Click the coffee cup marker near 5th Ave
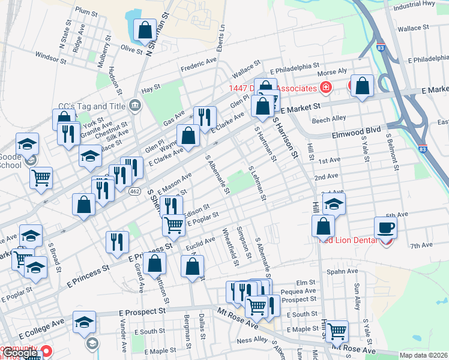(x=385, y=228)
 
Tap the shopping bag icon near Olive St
(x=145, y=29)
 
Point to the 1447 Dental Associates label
(x=271, y=88)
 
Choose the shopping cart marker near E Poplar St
(x=173, y=225)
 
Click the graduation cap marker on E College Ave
(x=85, y=322)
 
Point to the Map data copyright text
(x=424, y=355)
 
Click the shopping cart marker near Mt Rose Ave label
(x=337, y=331)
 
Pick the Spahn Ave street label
(x=342, y=271)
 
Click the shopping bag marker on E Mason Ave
(x=83, y=205)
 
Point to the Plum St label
(x=86, y=11)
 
